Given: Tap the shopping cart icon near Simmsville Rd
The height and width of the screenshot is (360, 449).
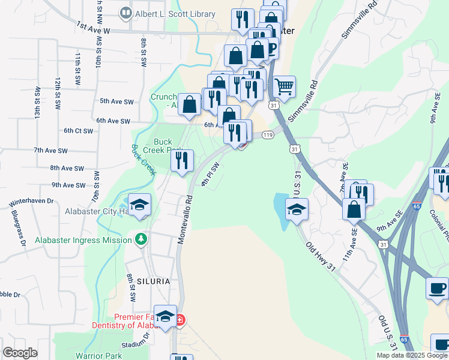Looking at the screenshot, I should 284,86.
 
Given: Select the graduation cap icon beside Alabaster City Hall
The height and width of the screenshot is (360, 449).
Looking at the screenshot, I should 139,205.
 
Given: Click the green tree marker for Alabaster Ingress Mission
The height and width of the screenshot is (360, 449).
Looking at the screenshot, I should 141,240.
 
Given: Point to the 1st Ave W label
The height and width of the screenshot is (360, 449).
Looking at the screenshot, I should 94,27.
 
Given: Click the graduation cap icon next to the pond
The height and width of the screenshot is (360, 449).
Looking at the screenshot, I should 297,210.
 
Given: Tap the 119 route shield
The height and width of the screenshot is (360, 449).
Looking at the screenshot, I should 268,136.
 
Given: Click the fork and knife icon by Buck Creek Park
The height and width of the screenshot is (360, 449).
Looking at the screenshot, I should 182,160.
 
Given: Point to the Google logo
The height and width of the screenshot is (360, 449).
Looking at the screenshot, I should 20,353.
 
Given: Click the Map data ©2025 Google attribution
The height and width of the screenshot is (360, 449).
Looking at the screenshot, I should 411,355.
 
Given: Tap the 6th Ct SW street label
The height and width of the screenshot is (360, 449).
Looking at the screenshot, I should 78,130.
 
